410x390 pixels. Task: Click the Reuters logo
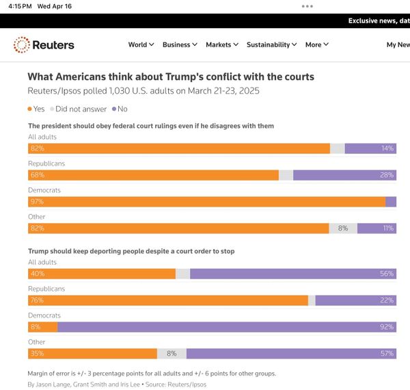[x=44, y=45]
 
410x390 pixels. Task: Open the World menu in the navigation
[x=141, y=44]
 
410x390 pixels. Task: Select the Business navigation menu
[x=180, y=44]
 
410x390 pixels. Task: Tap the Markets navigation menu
[x=222, y=44]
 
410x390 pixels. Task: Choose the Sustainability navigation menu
[x=271, y=44]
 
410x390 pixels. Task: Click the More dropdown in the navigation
[x=317, y=44]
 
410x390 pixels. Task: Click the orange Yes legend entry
[x=36, y=109]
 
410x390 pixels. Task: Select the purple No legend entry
[x=120, y=109]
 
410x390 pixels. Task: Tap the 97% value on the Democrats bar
[x=37, y=202]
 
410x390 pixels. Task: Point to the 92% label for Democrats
[x=387, y=327]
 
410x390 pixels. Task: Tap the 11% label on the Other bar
[x=387, y=229]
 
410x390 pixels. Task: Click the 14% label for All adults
[x=387, y=148]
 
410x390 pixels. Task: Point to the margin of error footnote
[x=152, y=374]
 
